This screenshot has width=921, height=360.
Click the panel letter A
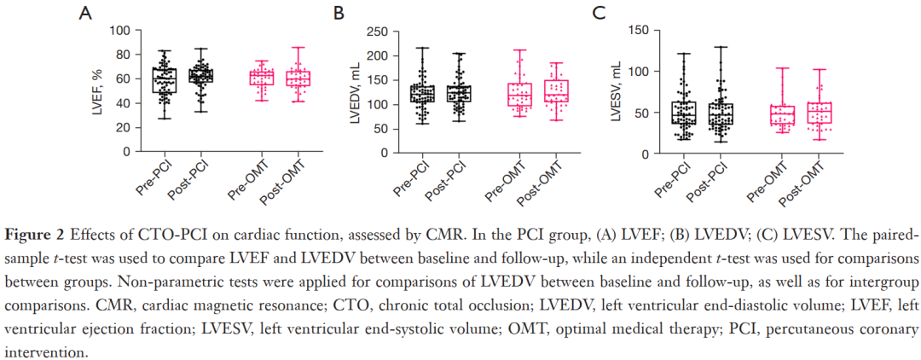(85, 13)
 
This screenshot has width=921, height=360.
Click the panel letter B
(339, 13)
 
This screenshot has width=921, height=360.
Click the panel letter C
(599, 13)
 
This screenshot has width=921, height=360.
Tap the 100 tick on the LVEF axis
(119, 31)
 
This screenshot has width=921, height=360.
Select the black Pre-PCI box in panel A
(165, 80)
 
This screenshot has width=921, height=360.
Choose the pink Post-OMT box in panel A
(298, 78)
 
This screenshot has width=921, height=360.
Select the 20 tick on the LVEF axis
(124, 127)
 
